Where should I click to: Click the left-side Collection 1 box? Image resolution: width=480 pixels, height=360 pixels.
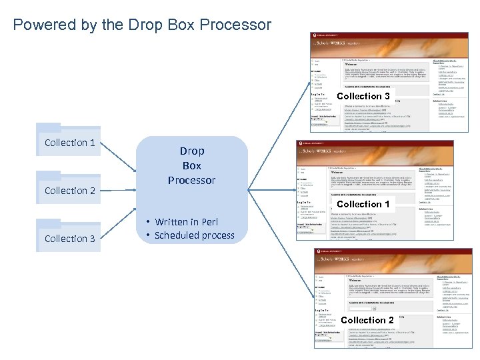[x=69, y=143]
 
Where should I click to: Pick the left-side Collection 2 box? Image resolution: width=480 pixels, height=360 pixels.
[x=69, y=191]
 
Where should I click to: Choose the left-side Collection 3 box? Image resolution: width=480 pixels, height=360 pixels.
[x=69, y=239]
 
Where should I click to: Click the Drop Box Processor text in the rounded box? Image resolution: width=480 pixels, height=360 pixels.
[x=191, y=166]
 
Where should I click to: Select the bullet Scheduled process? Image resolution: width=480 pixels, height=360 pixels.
[x=194, y=235]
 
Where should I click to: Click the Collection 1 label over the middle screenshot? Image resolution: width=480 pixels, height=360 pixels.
[x=363, y=204]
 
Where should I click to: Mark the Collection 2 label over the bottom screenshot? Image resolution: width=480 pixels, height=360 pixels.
[x=367, y=320]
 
